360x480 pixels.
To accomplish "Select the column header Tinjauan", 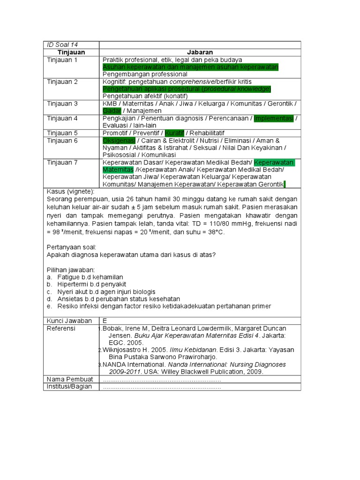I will coord(71,52).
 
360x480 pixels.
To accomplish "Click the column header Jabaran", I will coord(200,52).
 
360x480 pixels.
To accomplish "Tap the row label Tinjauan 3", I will coord(62,104).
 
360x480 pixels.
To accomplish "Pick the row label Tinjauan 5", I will coord(62,133).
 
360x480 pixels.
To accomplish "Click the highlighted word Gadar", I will coord(112,111).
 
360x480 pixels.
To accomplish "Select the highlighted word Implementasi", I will coord(274,118).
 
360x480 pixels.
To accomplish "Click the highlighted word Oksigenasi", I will coord(119,141).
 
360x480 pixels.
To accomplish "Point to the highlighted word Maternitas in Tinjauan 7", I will coord(118,169).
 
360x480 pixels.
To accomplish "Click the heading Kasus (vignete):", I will coord(71,192).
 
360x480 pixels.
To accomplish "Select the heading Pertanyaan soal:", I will coord(71,247).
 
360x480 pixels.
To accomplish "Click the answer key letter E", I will coord(105,321).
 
